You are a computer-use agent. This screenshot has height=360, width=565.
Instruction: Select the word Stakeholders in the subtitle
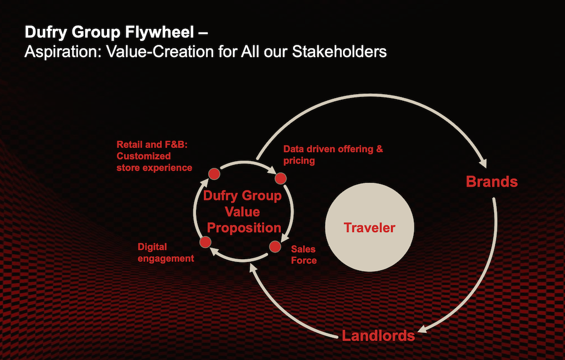(340, 52)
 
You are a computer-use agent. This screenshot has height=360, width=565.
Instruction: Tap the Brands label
(491, 182)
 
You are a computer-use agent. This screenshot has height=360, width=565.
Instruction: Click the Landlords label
(378, 336)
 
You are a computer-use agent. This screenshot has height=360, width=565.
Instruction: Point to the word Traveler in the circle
(369, 228)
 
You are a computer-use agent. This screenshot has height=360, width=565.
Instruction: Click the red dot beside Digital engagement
(206, 242)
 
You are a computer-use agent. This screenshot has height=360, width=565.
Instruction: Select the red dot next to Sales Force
(275, 246)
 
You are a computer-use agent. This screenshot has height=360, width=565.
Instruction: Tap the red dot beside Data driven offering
(281, 178)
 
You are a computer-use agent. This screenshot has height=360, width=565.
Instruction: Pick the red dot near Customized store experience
(214, 174)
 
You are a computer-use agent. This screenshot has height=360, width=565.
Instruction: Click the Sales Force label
(304, 255)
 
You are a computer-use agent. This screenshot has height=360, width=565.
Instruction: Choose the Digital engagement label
(166, 253)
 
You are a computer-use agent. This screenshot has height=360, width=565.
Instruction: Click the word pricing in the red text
(299, 161)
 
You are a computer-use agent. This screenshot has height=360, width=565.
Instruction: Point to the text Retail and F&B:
(152, 145)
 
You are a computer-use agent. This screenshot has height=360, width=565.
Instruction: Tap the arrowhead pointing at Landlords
(423, 328)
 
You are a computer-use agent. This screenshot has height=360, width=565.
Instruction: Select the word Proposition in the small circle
(244, 228)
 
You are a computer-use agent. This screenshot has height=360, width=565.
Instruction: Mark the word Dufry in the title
(46, 33)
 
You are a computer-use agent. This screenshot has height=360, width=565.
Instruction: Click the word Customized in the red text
(143, 156)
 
